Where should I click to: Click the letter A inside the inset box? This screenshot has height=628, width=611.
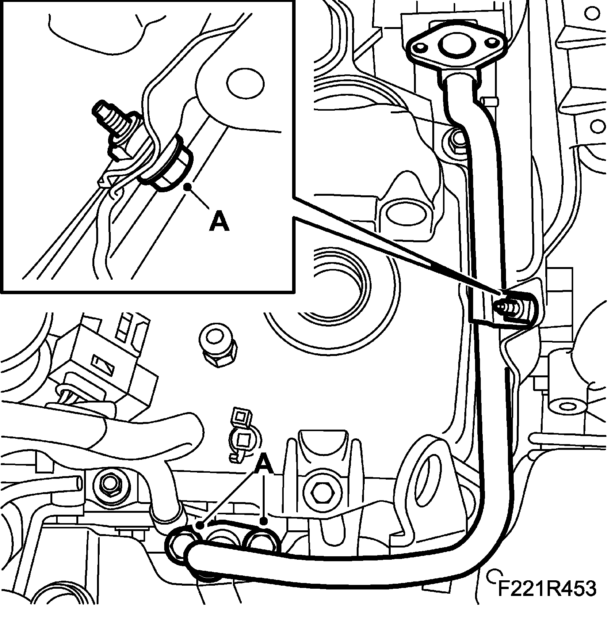click(219, 222)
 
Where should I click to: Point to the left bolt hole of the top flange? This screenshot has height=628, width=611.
click(421, 47)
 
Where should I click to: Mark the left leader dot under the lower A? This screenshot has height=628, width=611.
click(199, 526)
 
